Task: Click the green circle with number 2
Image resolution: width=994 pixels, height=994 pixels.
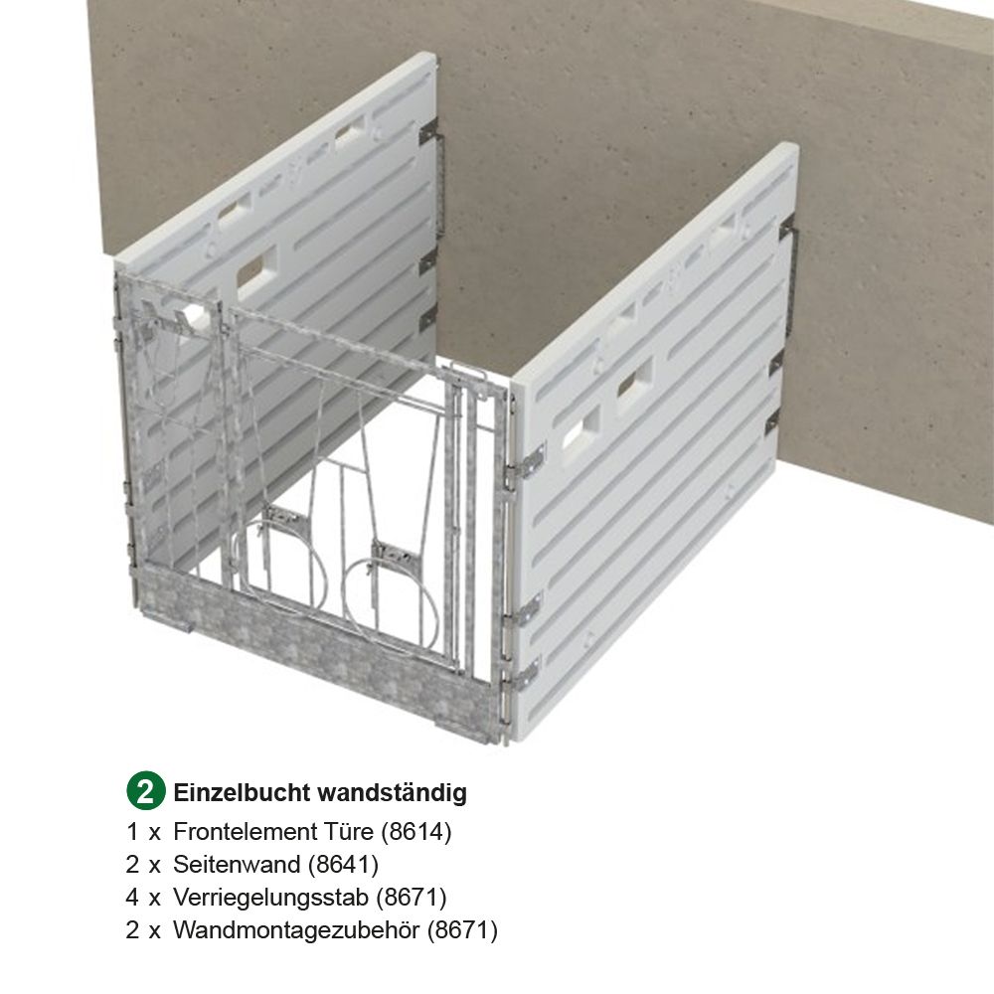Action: pos(145,792)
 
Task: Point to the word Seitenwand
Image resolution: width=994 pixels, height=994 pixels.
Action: pos(236,865)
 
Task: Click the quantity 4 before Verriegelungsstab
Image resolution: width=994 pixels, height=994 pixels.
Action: pos(132,898)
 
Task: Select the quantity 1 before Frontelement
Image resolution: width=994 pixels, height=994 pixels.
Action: pos(132,832)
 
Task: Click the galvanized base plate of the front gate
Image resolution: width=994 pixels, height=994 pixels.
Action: pos(318,651)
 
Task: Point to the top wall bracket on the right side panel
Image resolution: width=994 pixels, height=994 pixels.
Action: pos(787,231)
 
